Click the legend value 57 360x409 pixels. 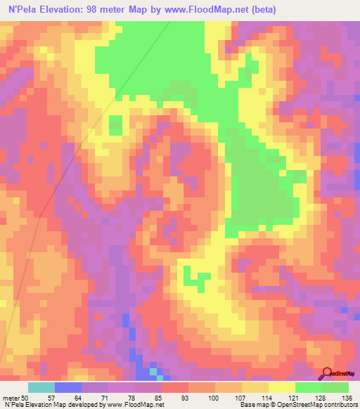pyautogui.click(x=68, y=397)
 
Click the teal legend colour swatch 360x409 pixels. pyautogui.click(x=41, y=387)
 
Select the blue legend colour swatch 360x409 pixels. pyautogui.click(x=68, y=387)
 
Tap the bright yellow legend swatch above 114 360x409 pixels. pyautogui.click(x=281, y=387)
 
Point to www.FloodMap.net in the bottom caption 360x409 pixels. pyautogui.click(x=134, y=405)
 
